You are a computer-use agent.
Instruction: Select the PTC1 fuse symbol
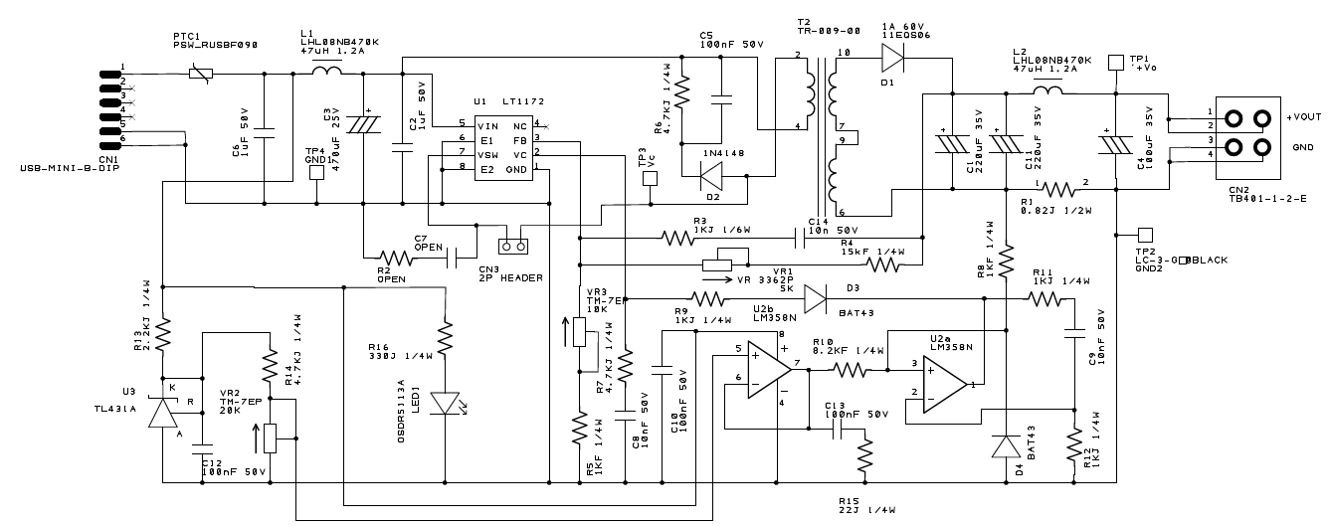coord(199,73)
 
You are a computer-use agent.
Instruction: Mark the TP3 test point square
coord(651,179)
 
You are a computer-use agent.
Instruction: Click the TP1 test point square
coord(1115,62)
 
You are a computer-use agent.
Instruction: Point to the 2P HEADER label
coord(510,277)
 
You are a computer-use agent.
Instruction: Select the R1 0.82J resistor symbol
coord(1063,189)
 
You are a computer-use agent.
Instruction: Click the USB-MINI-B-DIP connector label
coord(60,171)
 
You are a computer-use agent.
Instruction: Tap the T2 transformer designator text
coord(804,22)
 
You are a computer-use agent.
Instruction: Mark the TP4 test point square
coord(316,172)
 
